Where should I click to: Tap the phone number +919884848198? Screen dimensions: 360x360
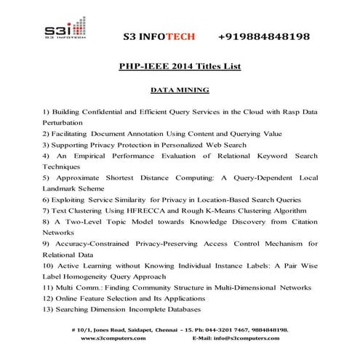[263, 36]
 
